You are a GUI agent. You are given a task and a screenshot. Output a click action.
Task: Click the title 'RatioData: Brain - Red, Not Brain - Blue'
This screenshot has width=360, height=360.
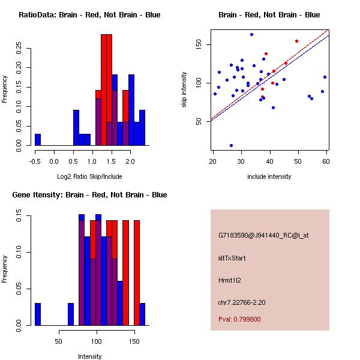pyautogui.click(x=89, y=15)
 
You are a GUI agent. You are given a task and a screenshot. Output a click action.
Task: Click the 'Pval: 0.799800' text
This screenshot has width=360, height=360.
pyautogui.click(x=239, y=319)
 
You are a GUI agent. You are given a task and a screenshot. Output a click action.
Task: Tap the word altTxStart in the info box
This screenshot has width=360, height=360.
pyautogui.click(x=232, y=258)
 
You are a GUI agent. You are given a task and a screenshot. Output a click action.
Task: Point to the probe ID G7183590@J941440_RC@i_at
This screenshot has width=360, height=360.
pyautogui.click(x=263, y=236)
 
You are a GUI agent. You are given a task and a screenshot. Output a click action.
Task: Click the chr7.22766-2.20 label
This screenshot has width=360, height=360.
pyautogui.click(x=242, y=302)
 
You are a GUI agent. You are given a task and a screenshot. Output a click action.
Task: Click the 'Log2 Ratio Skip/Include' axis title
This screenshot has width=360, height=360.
pyautogui.click(x=89, y=176)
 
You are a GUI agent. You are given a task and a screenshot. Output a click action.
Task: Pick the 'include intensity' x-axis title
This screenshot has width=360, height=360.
pyautogui.click(x=269, y=176)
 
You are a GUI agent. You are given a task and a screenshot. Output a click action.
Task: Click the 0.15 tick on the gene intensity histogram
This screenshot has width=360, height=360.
pyautogui.click(x=20, y=218)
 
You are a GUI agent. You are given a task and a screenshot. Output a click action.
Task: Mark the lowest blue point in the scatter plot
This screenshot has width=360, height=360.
pyautogui.click(x=231, y=145)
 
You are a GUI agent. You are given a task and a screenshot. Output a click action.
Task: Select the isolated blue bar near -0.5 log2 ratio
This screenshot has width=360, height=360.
pyautogui.click(x=38, y=139)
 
